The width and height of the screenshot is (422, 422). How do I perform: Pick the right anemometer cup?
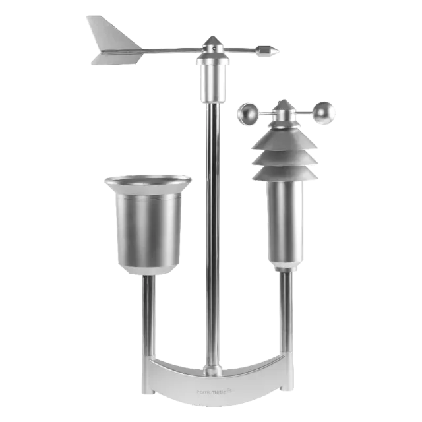[x=323, y=113]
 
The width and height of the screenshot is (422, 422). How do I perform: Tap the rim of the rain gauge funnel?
[x=148, y=179]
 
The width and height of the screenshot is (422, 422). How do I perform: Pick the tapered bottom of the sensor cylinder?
[x=284, y=266]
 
